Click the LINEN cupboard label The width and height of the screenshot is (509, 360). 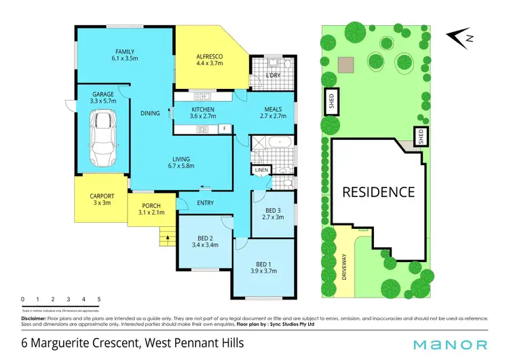pos(261,169)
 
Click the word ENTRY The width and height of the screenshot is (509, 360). pos(205,203)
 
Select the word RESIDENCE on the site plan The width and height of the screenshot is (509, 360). pos(378,192)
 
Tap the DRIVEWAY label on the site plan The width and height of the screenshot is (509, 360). pos(345,264)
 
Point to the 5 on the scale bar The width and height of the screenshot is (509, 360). pos(99,299)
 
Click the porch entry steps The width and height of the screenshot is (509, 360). pos(165,237)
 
